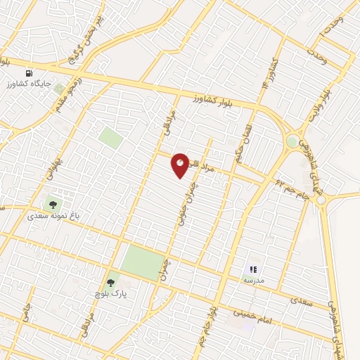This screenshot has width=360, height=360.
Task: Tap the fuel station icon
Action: click(x=29, y=72)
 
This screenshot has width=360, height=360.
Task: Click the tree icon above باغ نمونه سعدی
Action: click(x=53, y=205)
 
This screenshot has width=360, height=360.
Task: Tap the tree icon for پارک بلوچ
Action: click(x=110, y=282)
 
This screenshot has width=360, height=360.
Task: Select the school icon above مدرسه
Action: click(x=253, y=269)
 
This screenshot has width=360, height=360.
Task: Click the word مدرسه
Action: click(x=253, y=279)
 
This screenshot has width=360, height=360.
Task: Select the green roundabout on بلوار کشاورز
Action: click(x=292, y=141)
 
